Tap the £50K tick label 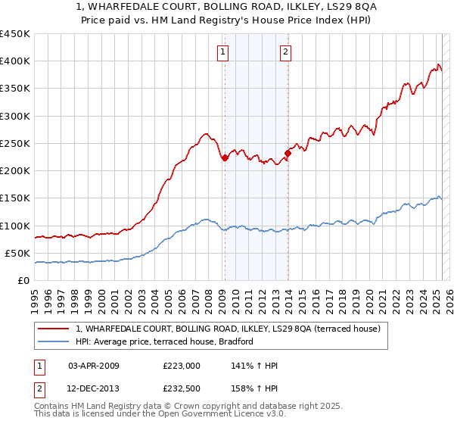coord(17,253)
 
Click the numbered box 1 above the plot coord(224,51)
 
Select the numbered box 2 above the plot coord(286,51)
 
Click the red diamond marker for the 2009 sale coord(225,157)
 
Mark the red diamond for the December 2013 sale coord(288,153)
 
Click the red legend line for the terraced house coord(54,329)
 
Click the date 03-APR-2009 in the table coord(94,366)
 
